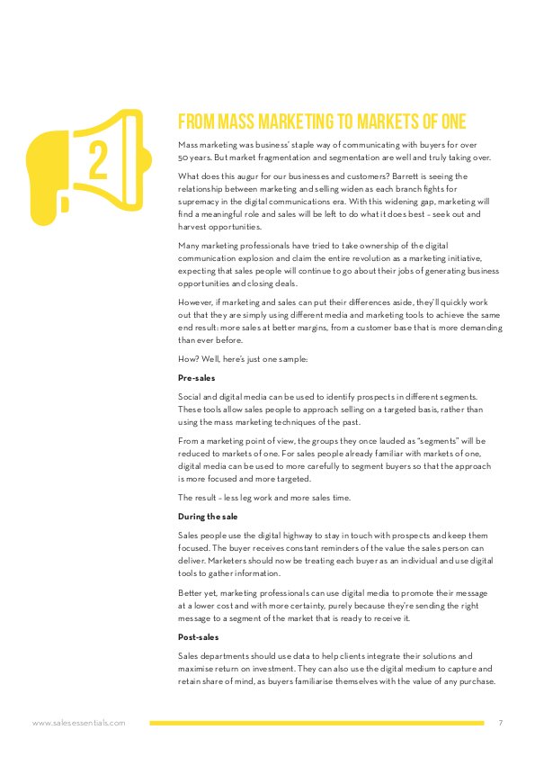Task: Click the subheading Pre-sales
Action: click(x=197, y=378)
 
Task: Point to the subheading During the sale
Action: click(x=209, y=517)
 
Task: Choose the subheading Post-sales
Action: click(x=200, y=636)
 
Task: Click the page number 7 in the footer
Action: click(x=500, y=722)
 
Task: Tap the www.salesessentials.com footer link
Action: click(x=78, y=722)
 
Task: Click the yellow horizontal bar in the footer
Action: click(x=316, y=722)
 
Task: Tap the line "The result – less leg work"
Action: click(x=248, y=498)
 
